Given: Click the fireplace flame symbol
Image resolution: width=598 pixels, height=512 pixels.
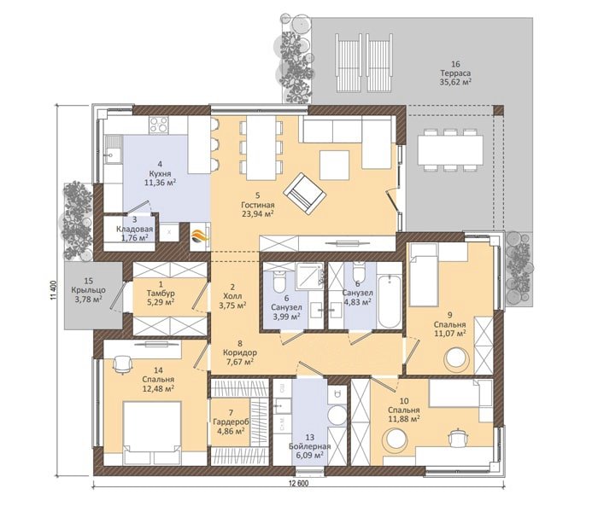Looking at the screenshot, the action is coord(198,238).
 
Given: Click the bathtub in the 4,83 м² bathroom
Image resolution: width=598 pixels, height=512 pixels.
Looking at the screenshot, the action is coord(389,301).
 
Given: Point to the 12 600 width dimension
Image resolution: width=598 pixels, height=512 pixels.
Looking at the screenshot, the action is coord(299,484).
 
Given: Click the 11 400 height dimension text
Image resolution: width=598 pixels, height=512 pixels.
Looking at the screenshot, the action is coord(53,291).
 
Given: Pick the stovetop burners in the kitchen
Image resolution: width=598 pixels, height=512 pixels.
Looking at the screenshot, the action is coord(158,125).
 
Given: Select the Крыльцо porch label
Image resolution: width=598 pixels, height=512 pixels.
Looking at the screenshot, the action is coord(88,290).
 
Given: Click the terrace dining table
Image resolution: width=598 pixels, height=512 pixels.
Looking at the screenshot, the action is coord(450,149).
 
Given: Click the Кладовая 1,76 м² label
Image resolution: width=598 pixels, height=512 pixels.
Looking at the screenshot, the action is coord(134,229).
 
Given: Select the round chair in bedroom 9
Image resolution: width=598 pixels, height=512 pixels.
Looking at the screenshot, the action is coord(457,359).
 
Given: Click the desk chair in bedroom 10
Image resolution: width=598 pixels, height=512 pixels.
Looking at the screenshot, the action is coord(457,437).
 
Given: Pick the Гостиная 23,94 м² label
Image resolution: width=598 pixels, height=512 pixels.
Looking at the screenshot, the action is coord(258,205).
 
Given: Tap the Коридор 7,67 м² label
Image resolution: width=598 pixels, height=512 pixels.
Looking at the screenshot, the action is coord(239,352).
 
